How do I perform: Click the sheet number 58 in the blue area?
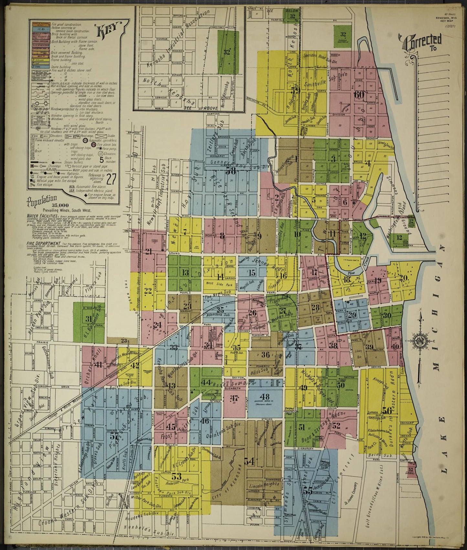[x=230, y=171]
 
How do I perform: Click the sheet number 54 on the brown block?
[x=249, y=462]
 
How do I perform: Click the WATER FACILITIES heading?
[x=38, y=216]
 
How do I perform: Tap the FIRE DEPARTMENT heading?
[x=38, y=241]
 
